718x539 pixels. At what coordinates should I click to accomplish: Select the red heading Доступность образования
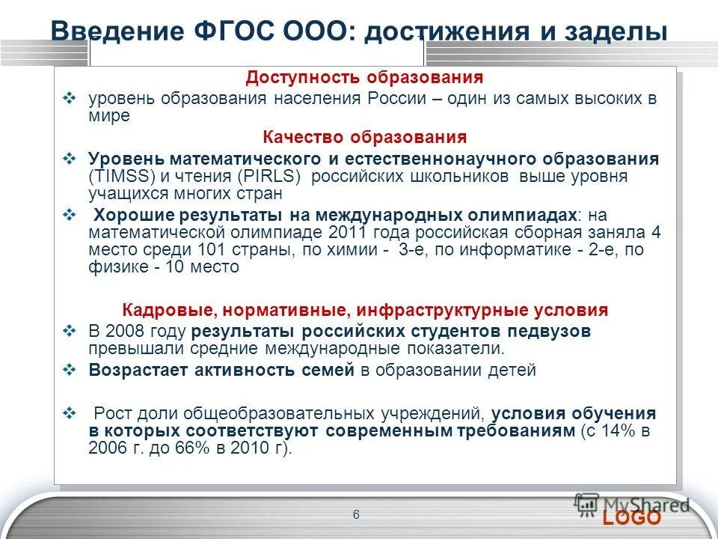(x=365, y=78)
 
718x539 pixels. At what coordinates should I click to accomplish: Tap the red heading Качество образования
(x=365, y=138)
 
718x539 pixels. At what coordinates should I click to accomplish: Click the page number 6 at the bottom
(x=355, y=514)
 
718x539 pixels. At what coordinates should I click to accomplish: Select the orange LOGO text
(x=632, y=518)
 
